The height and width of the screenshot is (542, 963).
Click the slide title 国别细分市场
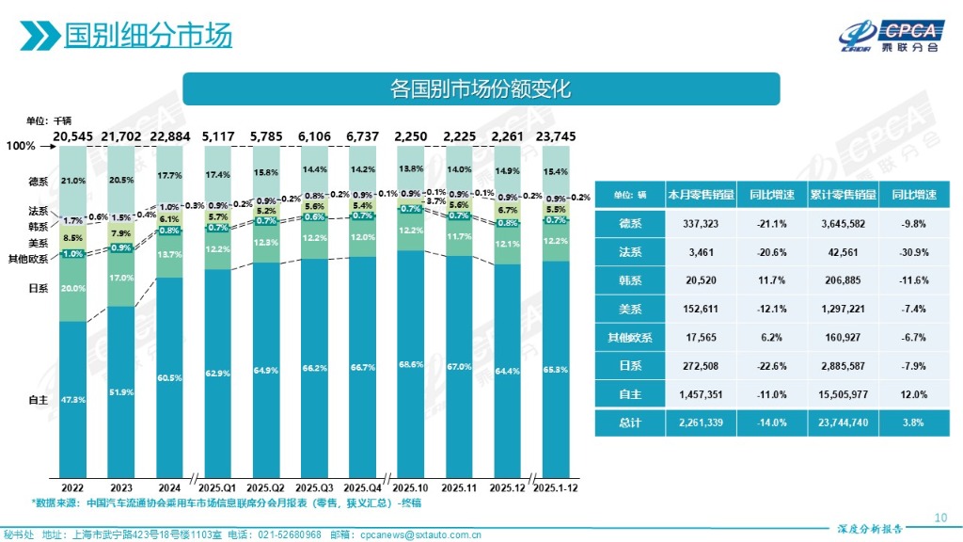tap(148, 36)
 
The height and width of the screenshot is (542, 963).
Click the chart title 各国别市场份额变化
tap(481, 89)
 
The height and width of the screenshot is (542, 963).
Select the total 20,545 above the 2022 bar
tap(72, 136)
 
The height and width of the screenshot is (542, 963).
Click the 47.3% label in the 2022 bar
tap(72, 400)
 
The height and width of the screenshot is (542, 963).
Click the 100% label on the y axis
tap(21, 147)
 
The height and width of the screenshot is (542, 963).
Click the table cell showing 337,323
tap(700, 224)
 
